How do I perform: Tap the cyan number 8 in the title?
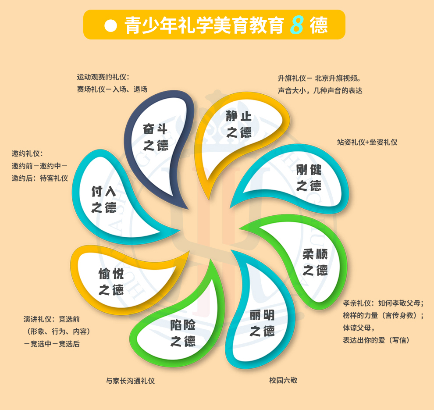[x=297, y=25]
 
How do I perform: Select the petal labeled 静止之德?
[x=238, y=125]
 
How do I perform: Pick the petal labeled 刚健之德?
[x=307, y=177]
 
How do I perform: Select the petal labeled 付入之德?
[x=104, y=200]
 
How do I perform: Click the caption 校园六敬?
[x=283, y=380]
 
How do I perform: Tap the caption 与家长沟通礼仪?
[x=130, y=381]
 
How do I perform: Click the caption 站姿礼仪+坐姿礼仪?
[x=367, y=143]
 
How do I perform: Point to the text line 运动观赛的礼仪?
[x=103, y=77]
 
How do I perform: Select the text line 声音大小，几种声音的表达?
[x=320, y=91]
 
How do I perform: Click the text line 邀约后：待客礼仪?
[x=39, y=178]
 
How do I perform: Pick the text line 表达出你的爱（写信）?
[x=376, y=340]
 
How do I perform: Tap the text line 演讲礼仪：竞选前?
[x=51, y=319]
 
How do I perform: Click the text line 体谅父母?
[x=359, y=328]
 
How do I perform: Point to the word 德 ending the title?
[x=319, y=25]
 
